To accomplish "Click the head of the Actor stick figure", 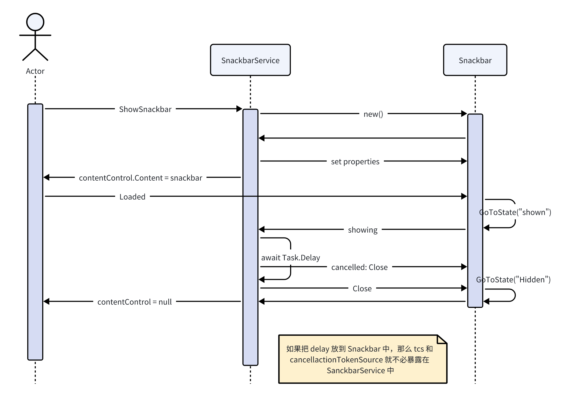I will [x=35, y=22].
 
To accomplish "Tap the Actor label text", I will [x=35, y=71].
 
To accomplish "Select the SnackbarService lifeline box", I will [x=250, y=60].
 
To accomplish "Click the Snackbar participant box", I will [x=475, y=60].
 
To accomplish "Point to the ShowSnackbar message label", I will [x=145, y=109].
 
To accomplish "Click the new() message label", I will [x=373, y=114].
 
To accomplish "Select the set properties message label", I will [x=355, y=162].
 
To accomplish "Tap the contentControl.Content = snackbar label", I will [x=141, y=178].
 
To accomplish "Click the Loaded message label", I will [x=132, y=197].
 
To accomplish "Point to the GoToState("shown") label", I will [x=515, y=212].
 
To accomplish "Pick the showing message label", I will [x=363, y=230].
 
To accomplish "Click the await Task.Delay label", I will [x=290, y=258].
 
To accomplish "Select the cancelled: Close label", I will [x=359, y=267].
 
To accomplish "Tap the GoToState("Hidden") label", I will [x=513, y=280].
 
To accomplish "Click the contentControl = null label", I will [x=134, y=302].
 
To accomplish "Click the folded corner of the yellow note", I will [x=441, y=339].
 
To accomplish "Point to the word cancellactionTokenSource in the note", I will [x=336, y=360].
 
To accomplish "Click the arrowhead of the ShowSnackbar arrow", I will [x=239, y=109].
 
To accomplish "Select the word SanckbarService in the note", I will [x=356, y=371].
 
